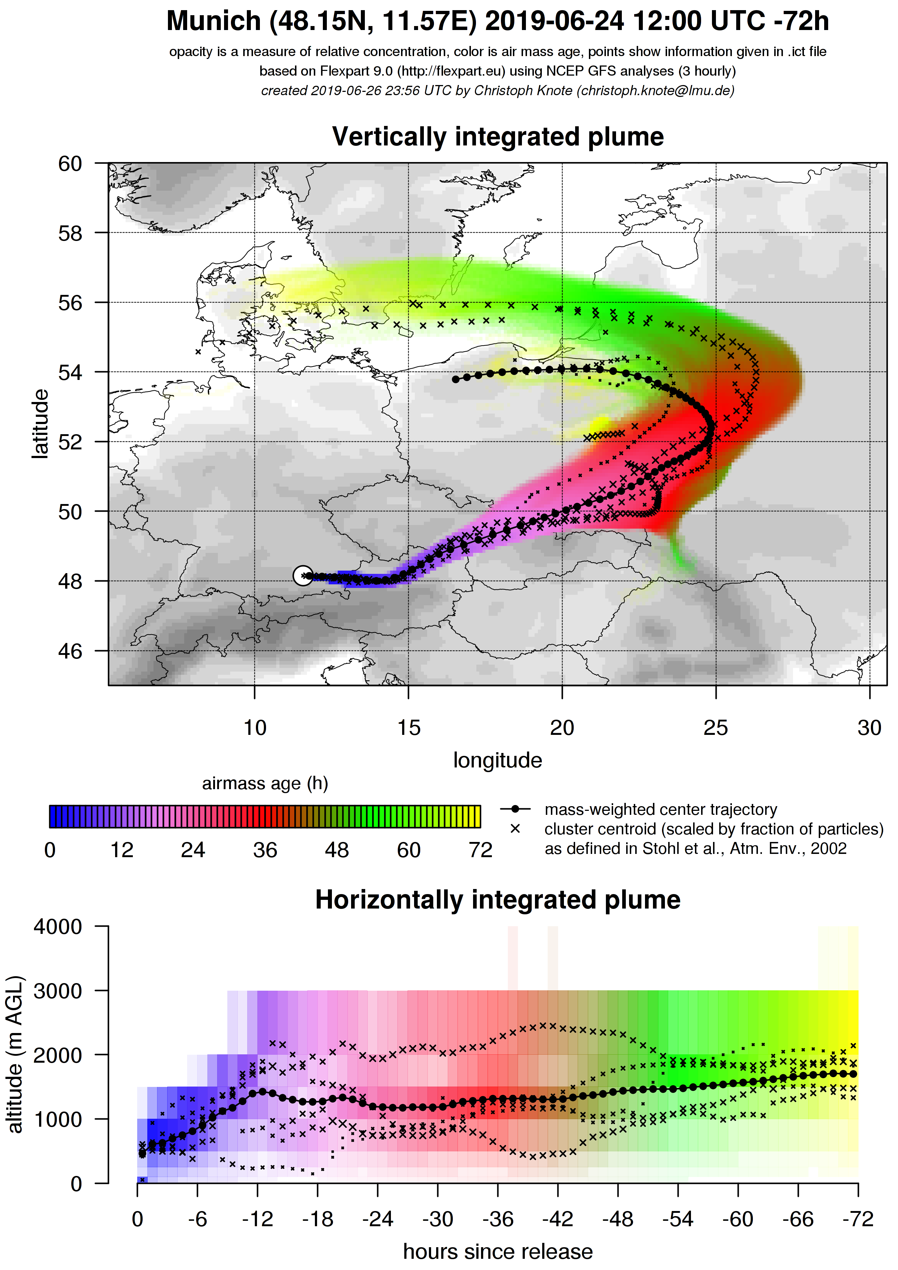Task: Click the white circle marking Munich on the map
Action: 303,575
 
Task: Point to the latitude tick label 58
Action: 70,233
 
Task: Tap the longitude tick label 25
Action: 716,728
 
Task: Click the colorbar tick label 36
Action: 265,850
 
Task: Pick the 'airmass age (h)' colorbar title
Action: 265,784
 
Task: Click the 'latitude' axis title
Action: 40,424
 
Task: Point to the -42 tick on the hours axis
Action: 558,1219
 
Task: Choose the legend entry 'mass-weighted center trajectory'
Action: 661,810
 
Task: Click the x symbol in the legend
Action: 515,829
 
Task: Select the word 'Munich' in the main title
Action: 214,22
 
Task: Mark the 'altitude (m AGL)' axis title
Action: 15,1055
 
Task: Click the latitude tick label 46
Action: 70,652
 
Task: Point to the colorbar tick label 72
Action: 480,850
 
